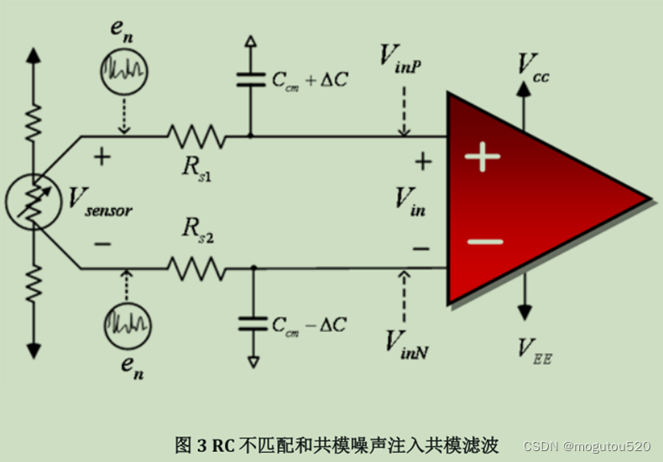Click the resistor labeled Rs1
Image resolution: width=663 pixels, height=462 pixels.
click(x=196, y=135)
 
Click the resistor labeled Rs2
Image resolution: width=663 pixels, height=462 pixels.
click(x=196, y=268)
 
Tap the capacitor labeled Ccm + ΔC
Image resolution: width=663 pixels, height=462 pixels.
click(x=250, y=80)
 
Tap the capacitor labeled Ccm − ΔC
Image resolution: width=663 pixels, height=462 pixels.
click(x=250, y=322)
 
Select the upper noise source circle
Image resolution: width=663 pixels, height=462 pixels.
click(x=125, y=74)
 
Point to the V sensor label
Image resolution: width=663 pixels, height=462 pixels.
click(x=100, y=201)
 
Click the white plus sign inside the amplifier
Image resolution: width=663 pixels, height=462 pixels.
click(x=483, y=157)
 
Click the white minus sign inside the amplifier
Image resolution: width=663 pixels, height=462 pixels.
click(x=484, y=242)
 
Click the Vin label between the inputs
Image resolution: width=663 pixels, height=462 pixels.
click(x=411, y=201)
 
